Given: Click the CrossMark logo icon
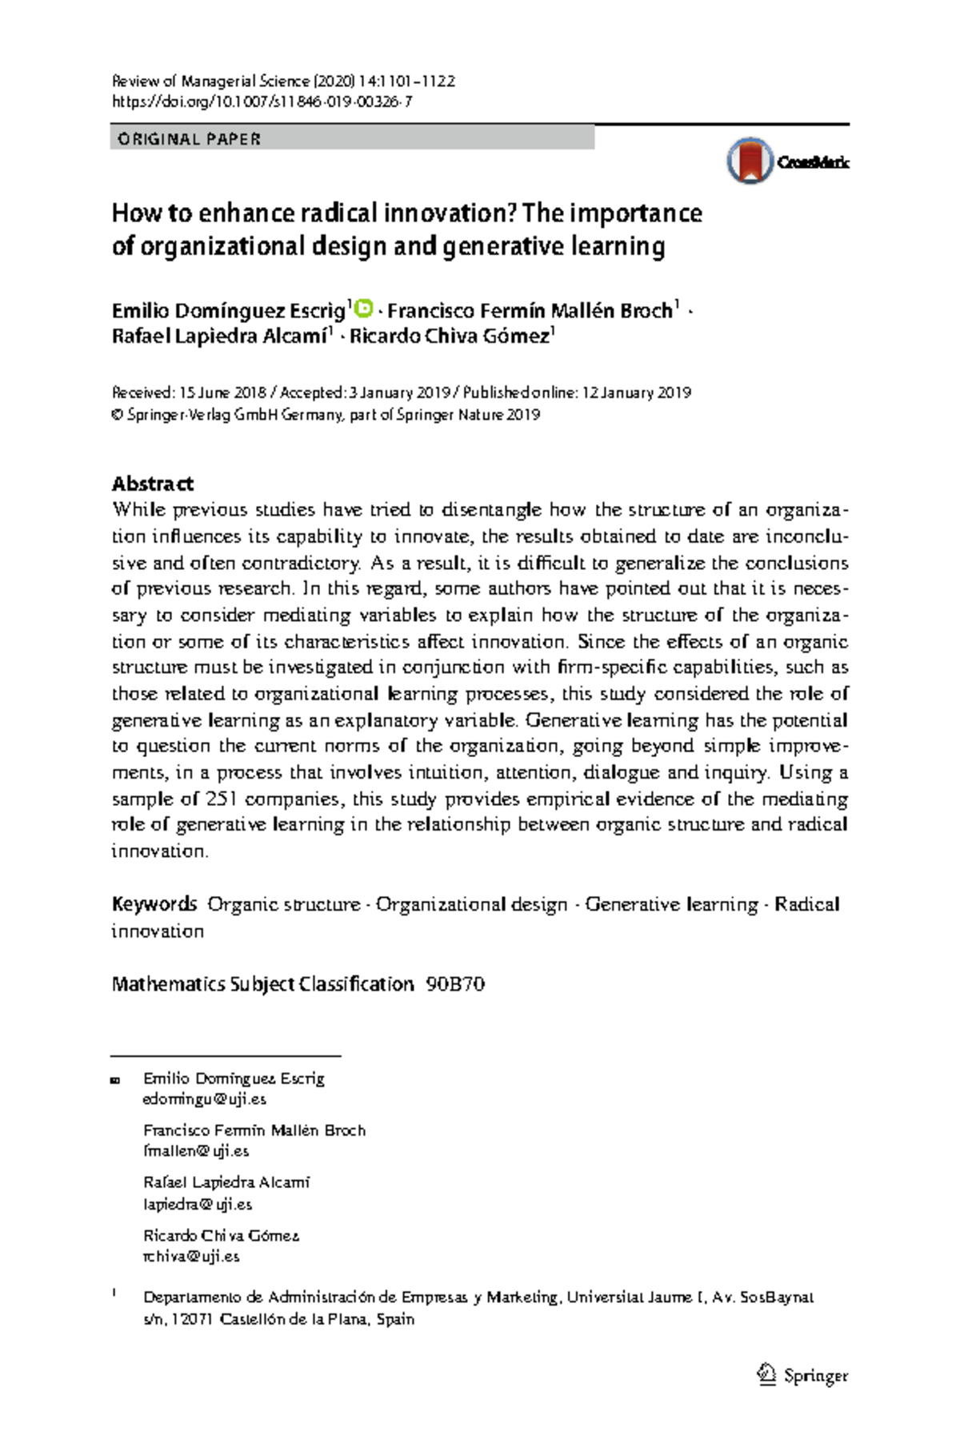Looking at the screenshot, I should pyautogui.click(x=750, y=161).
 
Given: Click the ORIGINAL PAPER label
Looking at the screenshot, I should pyautogui.click(x=189, y=139).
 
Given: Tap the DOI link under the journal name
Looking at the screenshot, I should pyautogui.click(x=262, y=102).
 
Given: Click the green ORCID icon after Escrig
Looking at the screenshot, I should pyautogui.click(x=363, y=308).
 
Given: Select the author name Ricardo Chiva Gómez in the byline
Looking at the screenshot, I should pyautogui.click(x=450, y=337).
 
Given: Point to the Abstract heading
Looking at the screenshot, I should pyautogui.click(x=152, y=484).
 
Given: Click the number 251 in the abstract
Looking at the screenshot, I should pyautogui.click(x=222, y=799).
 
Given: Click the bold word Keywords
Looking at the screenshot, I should pyautogui.click(x=154, y=904).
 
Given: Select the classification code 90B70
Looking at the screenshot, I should pyautogui.click(x=455, y=984).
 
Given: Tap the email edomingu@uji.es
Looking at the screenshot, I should pyautogui.click(x=204, y=1099).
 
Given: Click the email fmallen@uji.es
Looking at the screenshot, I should pyautogui.click(x=196, y=1151).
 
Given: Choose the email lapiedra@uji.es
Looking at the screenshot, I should pyautogui.click(x=198, y=1204).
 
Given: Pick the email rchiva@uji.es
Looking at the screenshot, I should pyautogui.click(x=191, y=1256).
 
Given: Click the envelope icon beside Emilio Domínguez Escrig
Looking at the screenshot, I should pyautogui.click(x=115, y=1080).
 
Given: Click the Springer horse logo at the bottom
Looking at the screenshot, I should pyautogui.click(x=766, y=1375).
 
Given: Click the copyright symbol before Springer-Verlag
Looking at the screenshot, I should pyautogui.click(x=118, y=415).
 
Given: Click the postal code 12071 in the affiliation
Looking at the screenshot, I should pyautogui.click(x=192, y=1319).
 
